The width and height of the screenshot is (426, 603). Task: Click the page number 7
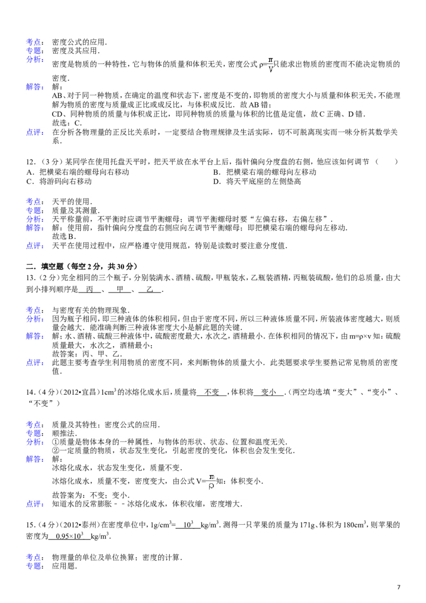(x=399, y=587)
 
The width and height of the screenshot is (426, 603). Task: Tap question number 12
(x=31, y=162)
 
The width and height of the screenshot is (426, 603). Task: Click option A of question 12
(x=78, y=172)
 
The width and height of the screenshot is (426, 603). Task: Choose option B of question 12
(x=265, y=172)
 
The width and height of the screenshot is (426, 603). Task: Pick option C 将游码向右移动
(x=59, y=181)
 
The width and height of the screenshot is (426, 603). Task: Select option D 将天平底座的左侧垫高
(x=257, y=181)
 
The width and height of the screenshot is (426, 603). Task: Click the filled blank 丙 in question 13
(x=90, y=289)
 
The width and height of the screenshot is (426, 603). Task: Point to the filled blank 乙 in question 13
(x=150, y=289)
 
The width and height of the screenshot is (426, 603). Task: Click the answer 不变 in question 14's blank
(x=212, y=392)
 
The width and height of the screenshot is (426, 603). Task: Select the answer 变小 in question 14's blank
(x=269, y=392)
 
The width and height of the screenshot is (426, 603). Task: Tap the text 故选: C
(x=67, y=123)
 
